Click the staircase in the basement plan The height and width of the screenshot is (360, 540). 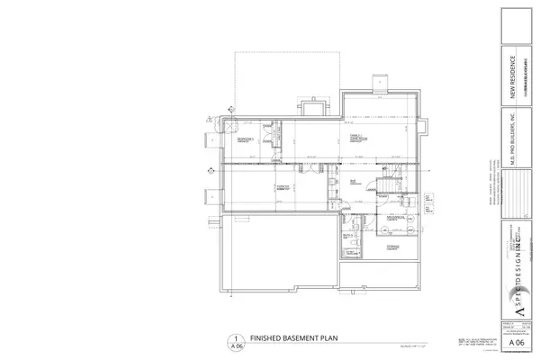click(x=389, y=184)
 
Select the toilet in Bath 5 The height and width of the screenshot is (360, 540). click(x=359, y=245)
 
